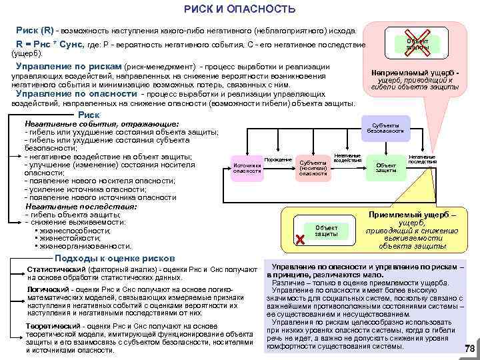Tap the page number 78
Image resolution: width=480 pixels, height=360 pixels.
pos(469,349)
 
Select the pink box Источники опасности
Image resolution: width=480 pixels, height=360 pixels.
pos(247,167)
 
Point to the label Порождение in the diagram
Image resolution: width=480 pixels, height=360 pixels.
pos(278,159)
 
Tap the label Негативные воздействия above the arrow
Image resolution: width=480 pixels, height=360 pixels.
pos(347,157)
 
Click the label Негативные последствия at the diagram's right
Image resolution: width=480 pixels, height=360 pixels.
pos(422,159)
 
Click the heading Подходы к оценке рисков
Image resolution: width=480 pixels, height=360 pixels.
pos(115,259)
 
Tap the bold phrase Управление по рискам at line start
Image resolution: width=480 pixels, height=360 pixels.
pos(68,67)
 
